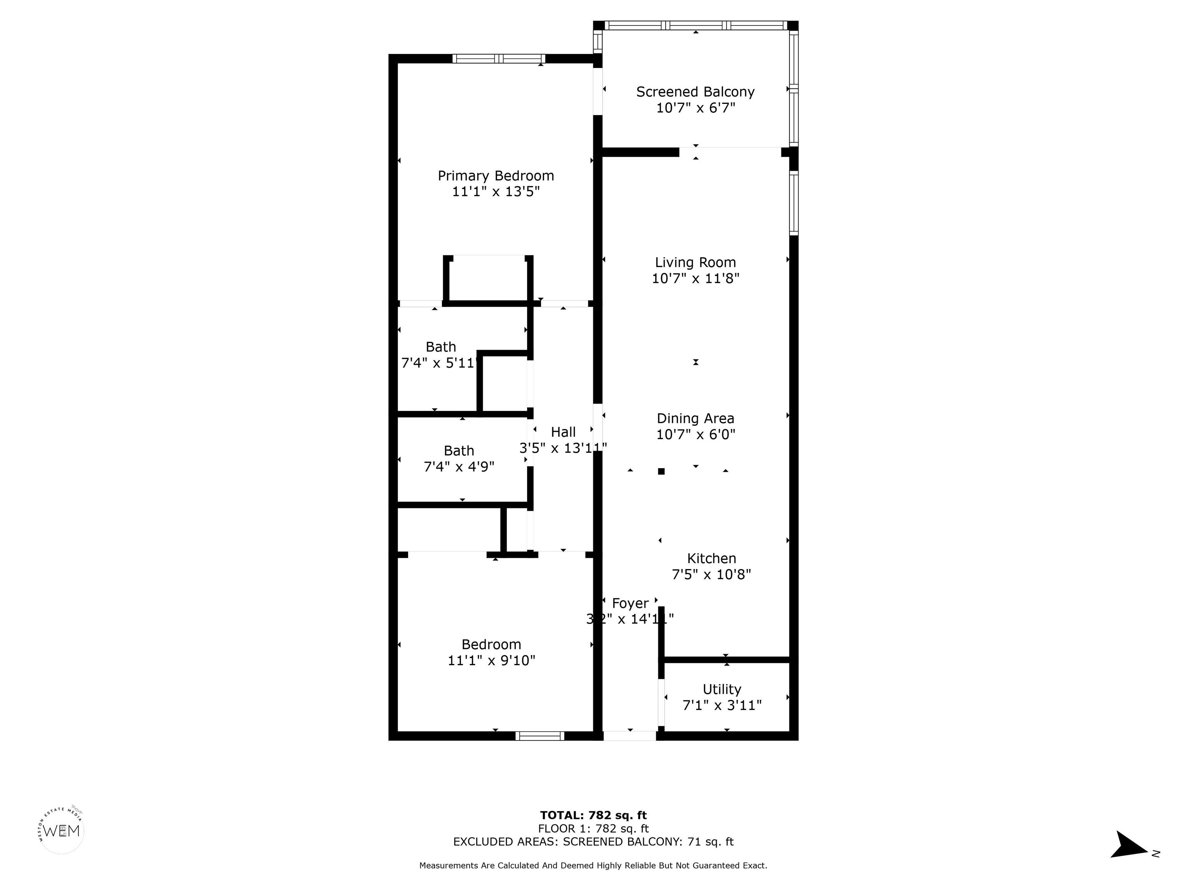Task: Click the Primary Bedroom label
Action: coord(495,176)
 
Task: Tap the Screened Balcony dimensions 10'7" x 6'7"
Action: coord(696,108)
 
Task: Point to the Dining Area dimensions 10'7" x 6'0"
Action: coord(696,434)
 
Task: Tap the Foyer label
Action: coord(630,603)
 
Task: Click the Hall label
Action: coord(563,432)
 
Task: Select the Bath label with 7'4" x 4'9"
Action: coord(459,451)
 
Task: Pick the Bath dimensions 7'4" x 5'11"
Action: coord(439,363)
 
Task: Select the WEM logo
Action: coord(62,831)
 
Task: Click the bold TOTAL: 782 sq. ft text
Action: coord(593,815)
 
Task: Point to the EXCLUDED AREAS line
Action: coord(593,842)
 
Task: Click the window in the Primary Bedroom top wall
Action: coord(498,58)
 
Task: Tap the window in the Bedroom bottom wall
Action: coord(539,736)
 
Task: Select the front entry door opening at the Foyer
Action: coord(630,736)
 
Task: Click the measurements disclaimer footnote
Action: coord(593,865)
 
